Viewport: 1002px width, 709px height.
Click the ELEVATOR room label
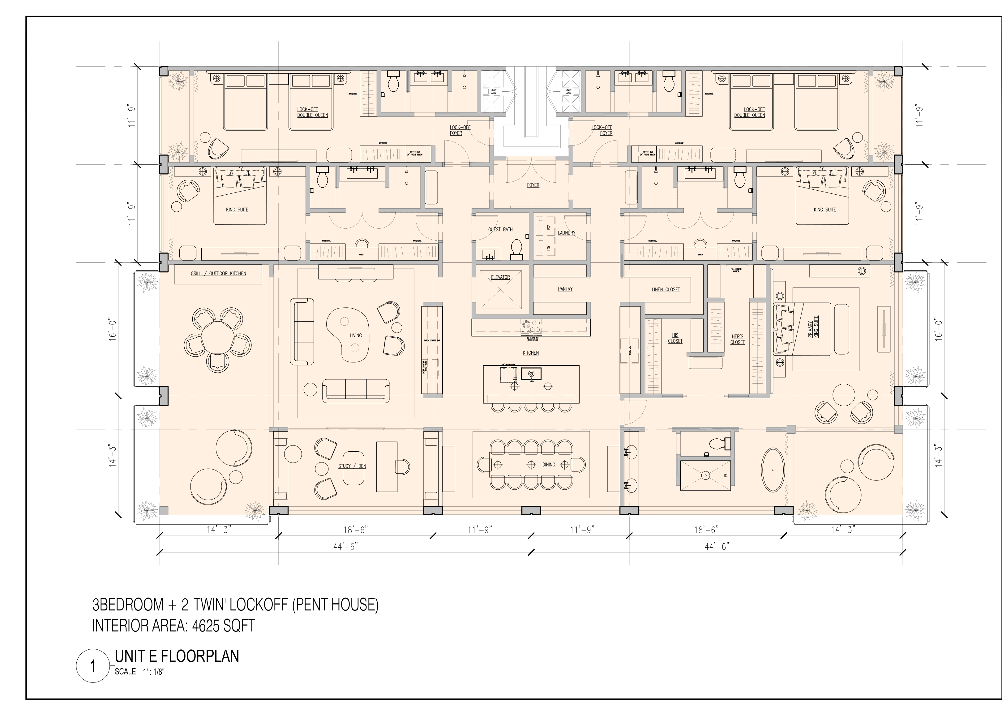pyautogui.click(x=500, y=277)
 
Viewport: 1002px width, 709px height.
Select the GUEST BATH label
pyautogui.click(x=500, y=230)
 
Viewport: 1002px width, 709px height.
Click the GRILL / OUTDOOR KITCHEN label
pyautogui.click(x=218, y=274)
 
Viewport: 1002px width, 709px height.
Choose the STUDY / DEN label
pyautogui.click(x=352, y=466)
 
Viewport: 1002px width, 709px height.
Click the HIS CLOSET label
pyautogui.click(x=675, y=338)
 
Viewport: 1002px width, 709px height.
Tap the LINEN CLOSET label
pyautogui.click(x=666, y=289)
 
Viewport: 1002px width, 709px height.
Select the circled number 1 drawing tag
pyautogui.click(x=93, y=667)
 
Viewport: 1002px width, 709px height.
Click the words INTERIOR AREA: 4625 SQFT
pyautogui.click(x=173, y=626)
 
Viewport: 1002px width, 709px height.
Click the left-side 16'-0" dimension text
pyautogui.click(x=113, y=329)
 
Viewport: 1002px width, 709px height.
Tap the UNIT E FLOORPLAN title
pyautogui.click(x=177, y=656)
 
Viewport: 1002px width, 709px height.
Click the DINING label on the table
pyautogui.click(x=548, y=465)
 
